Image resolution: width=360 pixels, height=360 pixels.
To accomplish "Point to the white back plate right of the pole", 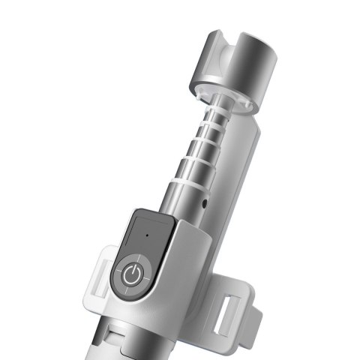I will click(232, 172).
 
